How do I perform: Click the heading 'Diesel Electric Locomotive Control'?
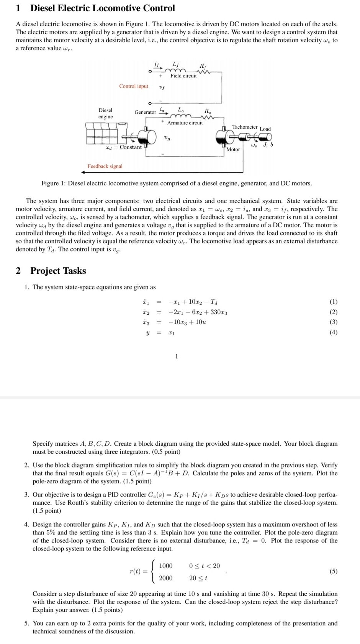tap(103, 8)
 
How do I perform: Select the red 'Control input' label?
tap(134, 86)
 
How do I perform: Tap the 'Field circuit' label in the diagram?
tap(183, 76)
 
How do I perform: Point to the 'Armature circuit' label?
tap(185, 123)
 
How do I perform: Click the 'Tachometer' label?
tap(245, 127)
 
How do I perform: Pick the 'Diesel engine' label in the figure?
tap(105, 113)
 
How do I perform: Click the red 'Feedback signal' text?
tap(105, 166)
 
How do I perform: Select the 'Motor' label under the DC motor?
tap(233, 149)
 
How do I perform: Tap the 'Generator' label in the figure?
tap(145, 112)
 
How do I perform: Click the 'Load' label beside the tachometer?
tap(265, 129)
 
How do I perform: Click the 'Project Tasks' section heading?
tap(58, 271)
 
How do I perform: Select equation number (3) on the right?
tap(334, 322)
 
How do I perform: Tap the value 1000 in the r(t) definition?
tap(166, 566)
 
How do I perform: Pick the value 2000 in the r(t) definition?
tap(166, 578)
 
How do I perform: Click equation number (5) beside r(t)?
tap(334, 572)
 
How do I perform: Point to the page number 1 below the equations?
tap(177, 356)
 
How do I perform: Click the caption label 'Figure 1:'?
tap(54, 183)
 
